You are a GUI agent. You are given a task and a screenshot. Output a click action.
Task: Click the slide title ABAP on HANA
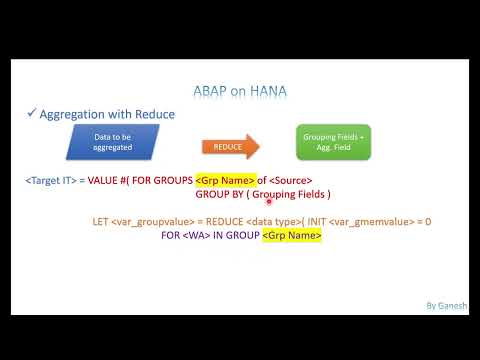(x=240, y=90)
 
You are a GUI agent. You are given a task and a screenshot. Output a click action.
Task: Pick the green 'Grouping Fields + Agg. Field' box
(x=334, y=145)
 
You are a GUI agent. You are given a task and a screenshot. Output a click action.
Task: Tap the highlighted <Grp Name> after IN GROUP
(x=292, y=236)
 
